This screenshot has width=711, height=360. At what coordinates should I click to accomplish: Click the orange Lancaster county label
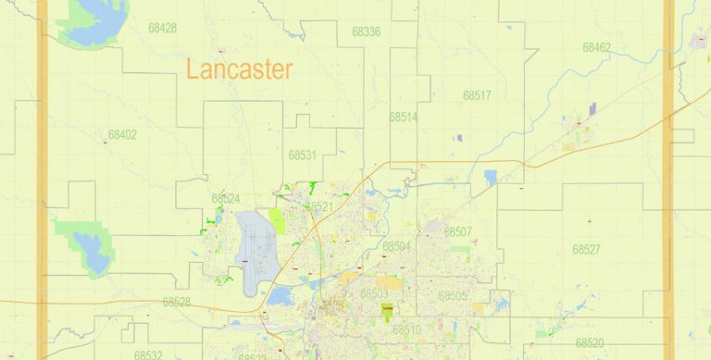coord(239,68)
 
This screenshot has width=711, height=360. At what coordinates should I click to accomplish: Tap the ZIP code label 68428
coord(162,28)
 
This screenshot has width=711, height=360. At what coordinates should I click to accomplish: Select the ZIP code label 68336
coord(366,31)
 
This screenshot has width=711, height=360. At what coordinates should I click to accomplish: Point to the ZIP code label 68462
coord(596,47)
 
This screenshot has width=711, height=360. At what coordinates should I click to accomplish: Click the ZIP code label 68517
coord(477,95)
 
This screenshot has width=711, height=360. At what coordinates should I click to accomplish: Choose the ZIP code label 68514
coord(403,118)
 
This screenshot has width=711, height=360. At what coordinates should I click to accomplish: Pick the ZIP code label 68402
coord(122,134)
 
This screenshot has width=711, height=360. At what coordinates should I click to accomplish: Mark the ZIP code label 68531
coord(302,155)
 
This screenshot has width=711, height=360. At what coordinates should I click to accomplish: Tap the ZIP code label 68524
coord(225,198)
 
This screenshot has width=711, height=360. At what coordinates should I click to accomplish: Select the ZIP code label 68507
coord(458,231)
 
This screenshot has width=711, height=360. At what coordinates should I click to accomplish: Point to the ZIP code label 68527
coord(586,249)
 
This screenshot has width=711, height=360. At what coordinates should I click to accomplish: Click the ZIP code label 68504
coord(396,246)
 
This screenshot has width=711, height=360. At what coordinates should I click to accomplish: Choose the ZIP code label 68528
coord(176,302)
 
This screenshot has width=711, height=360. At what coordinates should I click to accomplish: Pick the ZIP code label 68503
coord(374,294)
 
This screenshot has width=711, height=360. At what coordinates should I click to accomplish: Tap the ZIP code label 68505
coord(453,296)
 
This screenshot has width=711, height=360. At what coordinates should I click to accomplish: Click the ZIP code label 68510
coord(406,329)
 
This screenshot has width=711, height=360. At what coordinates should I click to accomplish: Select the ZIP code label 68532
coord(147,354)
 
